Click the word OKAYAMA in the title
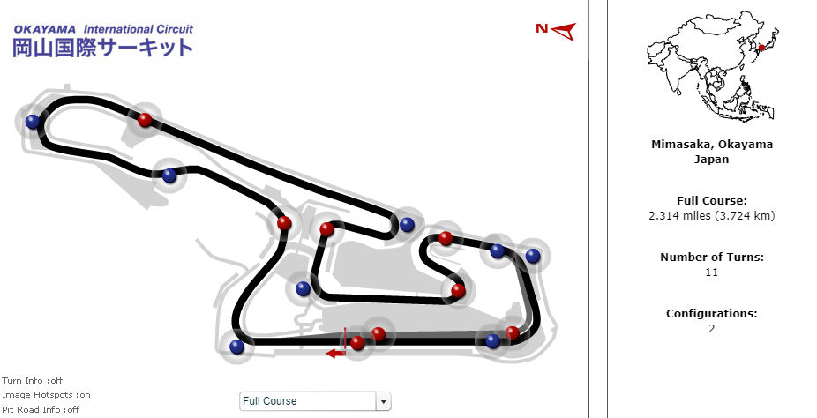tap(44, 28)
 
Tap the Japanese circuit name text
tap(102, 48)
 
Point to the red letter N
tap(543, 29)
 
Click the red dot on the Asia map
tap(761, 48)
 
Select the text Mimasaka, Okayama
tap(712, 145)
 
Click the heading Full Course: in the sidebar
tap(712, 201)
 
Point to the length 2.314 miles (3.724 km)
tap(712, 216)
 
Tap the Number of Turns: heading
tap(712, 258)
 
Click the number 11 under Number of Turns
tap(712, 272)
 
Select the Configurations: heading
tap(712, 314)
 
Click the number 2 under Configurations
tap(712, 329)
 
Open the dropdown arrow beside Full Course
tap(383, 401)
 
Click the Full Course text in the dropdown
tap(270, 401)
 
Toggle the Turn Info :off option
tap(32, 381)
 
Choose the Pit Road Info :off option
tap(41, 409)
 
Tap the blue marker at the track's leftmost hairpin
tap(33, 122)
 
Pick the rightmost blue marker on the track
tap(532, 256)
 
